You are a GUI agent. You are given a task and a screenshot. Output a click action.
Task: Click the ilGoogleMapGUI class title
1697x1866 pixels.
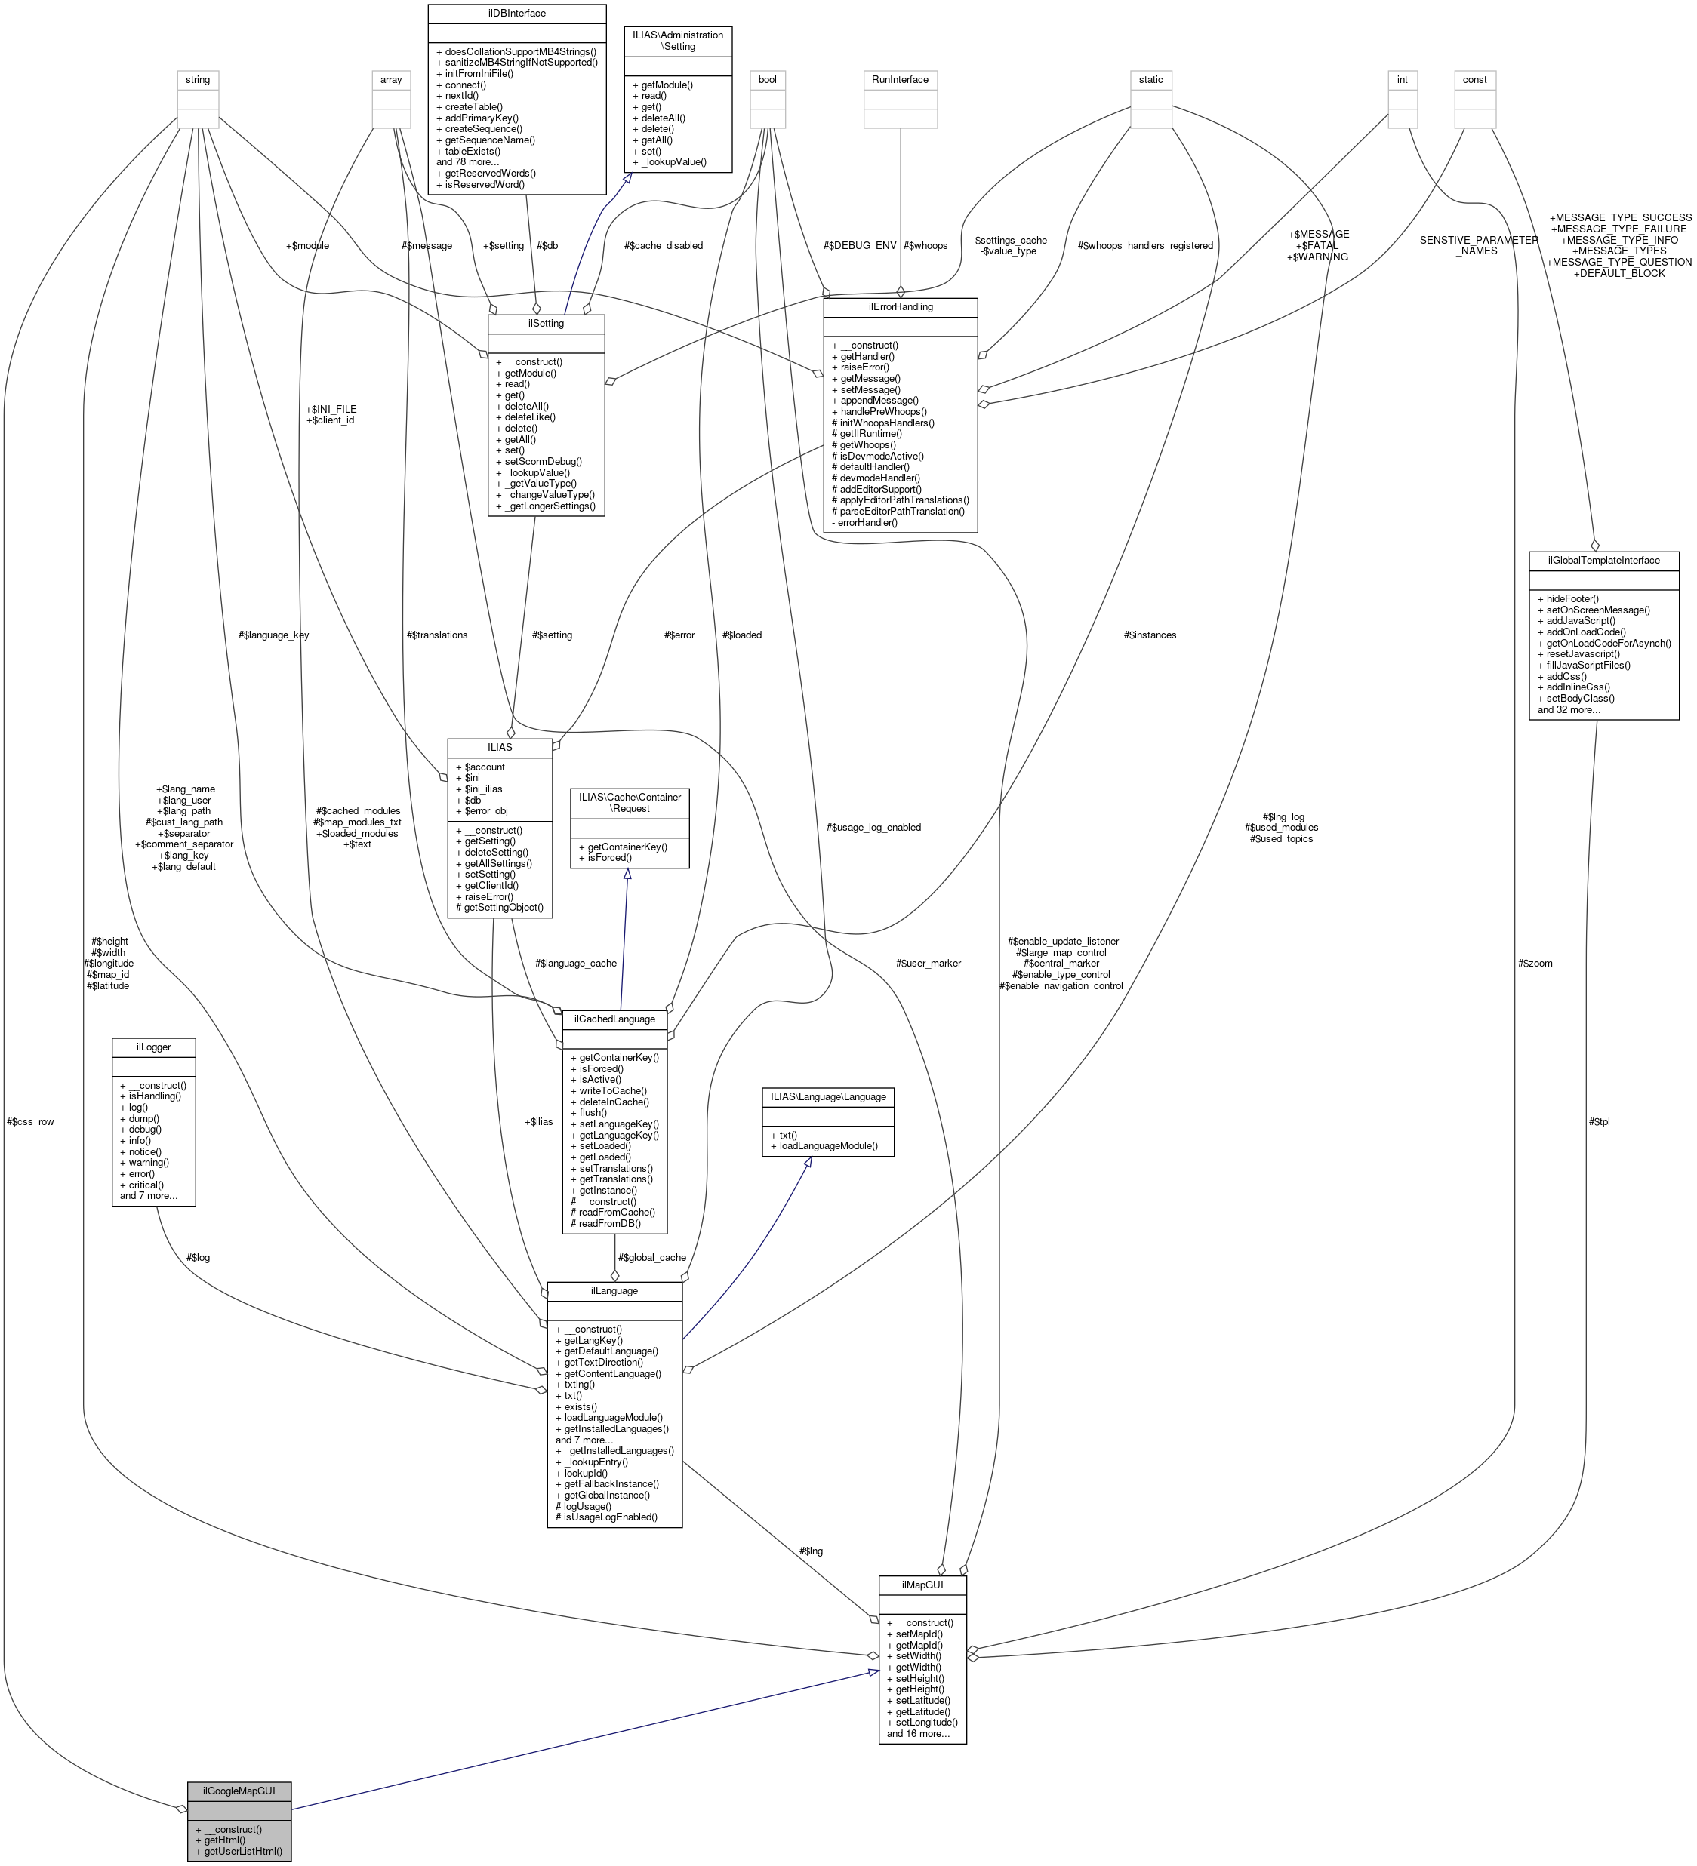pyautogui.click(x=239, y=1790)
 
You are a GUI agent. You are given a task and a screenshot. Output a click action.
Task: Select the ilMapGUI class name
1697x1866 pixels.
pyautogui.click(x=922, y=1585)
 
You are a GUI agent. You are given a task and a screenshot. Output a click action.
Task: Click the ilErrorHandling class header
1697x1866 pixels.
pyautogui.click(x=900, y=306)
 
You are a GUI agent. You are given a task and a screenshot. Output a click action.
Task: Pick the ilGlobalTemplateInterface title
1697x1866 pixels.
pyautogui.click(x=1603, y=560)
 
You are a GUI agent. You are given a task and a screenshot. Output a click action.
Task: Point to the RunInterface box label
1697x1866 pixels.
pyautogui.click(x=900, y=79)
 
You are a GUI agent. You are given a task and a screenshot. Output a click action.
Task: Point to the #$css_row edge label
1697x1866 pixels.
pyautogui.click(x=30, y=1122)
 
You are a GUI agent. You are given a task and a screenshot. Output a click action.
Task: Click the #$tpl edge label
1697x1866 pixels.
pyautogui.click(x=1599, y=1122)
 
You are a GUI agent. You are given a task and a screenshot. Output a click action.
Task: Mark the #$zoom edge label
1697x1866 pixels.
pyautogui.click(x=1535, y=964)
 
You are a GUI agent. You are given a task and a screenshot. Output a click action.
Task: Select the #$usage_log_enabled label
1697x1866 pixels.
pyautogui.click(x=873, y=828)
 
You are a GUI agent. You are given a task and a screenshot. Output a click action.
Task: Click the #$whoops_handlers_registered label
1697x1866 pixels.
pyautogui.click(x=1145, y=246)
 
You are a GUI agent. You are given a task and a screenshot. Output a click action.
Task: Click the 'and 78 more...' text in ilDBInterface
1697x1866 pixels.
pyautogui.click(x=467, y=162)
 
